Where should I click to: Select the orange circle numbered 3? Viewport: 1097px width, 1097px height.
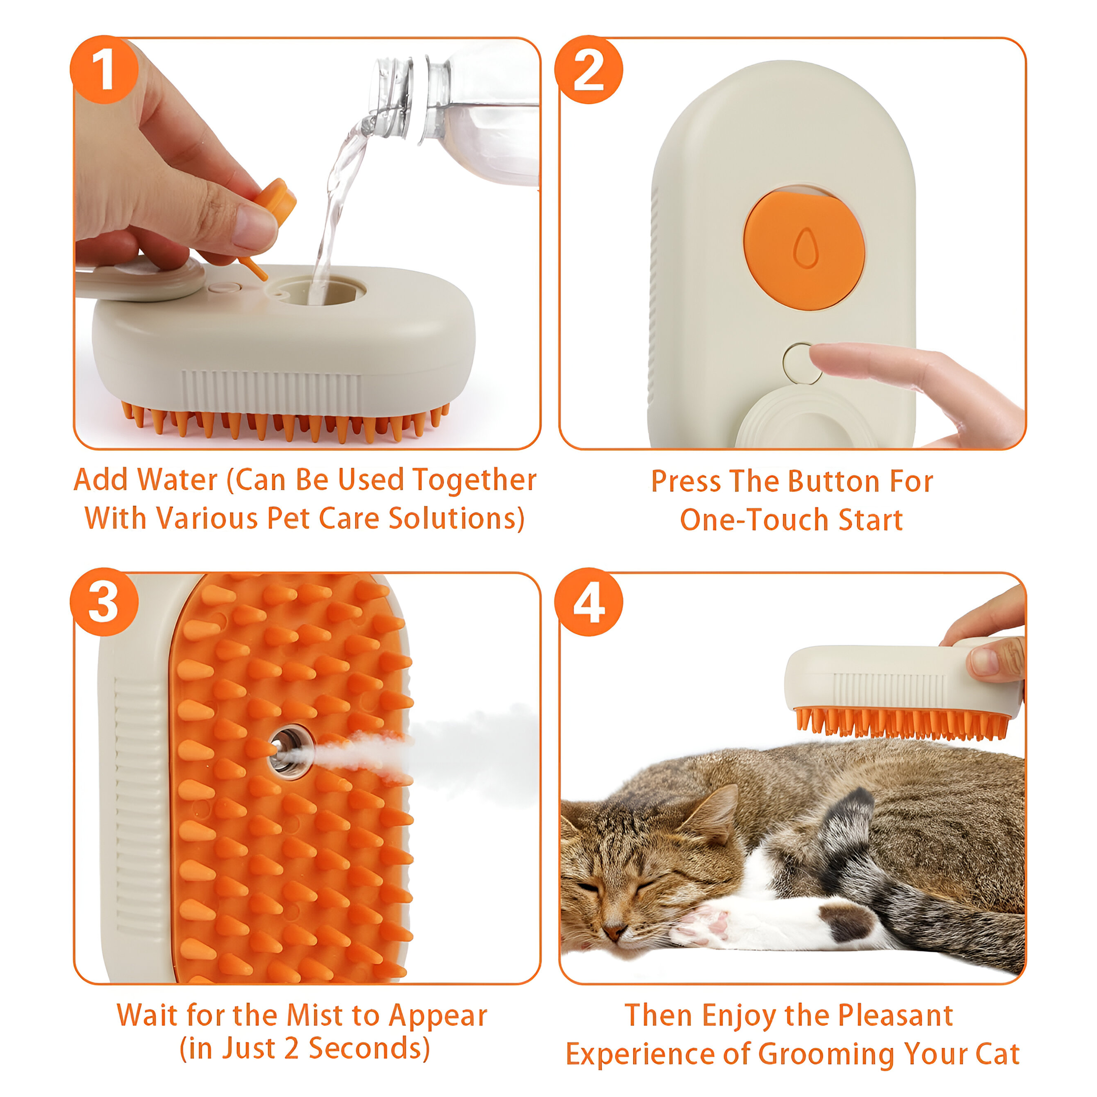click(x=104, y=602)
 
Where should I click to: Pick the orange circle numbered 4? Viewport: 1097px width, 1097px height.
click(x=588, y=602)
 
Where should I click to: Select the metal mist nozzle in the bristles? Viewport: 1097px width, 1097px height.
click(x=291, y=752)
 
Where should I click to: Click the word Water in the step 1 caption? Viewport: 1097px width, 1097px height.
click(x=178, y=480)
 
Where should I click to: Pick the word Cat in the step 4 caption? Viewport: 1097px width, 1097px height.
click(x=997, y=1054)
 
